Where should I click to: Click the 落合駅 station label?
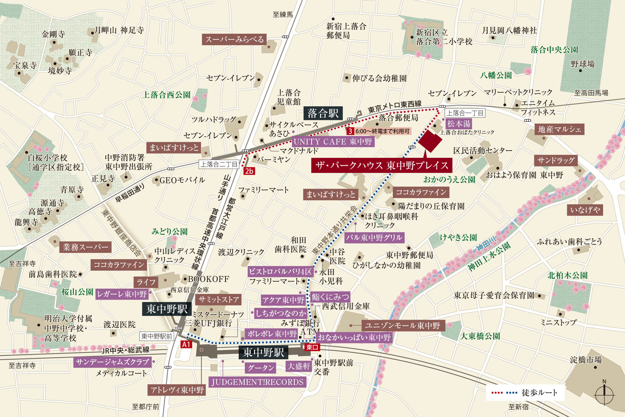[x=323, y=114]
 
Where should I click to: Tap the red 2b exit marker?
[x=249, y=171]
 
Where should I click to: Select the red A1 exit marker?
[x=186, y=344]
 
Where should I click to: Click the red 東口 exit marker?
[x=312, y=347]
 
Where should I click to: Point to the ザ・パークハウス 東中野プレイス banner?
[x=382, y=165]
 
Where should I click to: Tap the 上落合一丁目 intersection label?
[x=465, y=113]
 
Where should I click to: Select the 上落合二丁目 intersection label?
[x=219, y=164]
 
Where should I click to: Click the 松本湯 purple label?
[x=459, y=124]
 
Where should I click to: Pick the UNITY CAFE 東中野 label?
[x=333, y=142]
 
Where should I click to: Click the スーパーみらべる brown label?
[x=234, y=39]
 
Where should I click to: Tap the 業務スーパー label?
[x=85, y=247]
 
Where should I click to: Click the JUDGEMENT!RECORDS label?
[x=257, y=382]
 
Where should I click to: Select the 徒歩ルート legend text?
[x=539, y=392]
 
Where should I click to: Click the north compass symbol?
[x=604, y=394]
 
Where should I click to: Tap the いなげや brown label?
[x=585, y=210]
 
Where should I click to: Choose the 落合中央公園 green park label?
[x=554, y=50]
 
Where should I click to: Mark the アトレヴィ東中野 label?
[x=177, y=390]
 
